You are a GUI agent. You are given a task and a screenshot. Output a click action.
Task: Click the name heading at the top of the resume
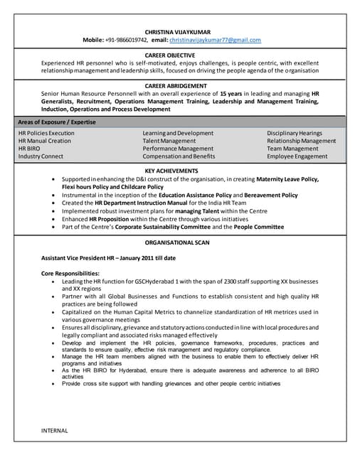[180, 32]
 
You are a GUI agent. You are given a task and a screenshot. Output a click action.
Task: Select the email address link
[215, 41]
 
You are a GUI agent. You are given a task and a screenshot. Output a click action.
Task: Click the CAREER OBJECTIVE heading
[180, 55]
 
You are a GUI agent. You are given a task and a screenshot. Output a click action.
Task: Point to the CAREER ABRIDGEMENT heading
[180, 85]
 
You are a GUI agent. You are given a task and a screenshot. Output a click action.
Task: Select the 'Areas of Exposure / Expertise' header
[57, 122]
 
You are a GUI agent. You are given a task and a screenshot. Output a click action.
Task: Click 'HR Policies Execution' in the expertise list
[46, 133]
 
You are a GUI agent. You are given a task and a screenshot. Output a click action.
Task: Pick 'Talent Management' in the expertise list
[169, 141]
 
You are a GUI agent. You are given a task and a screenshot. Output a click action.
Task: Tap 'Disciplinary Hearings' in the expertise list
[295, 133]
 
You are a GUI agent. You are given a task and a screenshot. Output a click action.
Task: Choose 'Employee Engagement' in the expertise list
[297, 156]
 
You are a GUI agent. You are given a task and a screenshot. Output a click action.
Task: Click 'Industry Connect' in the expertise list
[41, 156]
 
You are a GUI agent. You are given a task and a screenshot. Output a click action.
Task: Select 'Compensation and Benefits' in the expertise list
[179, 156]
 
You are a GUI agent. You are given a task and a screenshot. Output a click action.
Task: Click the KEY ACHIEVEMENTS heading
[180, 171]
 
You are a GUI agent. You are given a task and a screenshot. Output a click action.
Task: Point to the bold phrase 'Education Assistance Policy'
[189, 195]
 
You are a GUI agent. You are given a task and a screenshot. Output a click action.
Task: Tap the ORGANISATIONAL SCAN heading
[180, 242]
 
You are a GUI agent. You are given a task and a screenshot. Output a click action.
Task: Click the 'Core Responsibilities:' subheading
[70, 274]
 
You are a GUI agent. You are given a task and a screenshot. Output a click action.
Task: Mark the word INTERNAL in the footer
[55, 430]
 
